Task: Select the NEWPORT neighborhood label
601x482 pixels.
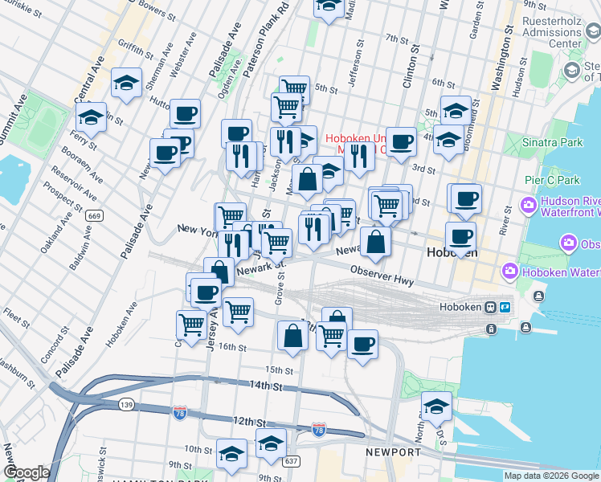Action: (393, 452)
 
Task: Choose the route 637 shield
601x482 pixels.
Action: (291, 460)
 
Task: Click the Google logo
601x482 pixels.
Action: (26, 472)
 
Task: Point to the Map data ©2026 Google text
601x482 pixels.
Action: (551, 476)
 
